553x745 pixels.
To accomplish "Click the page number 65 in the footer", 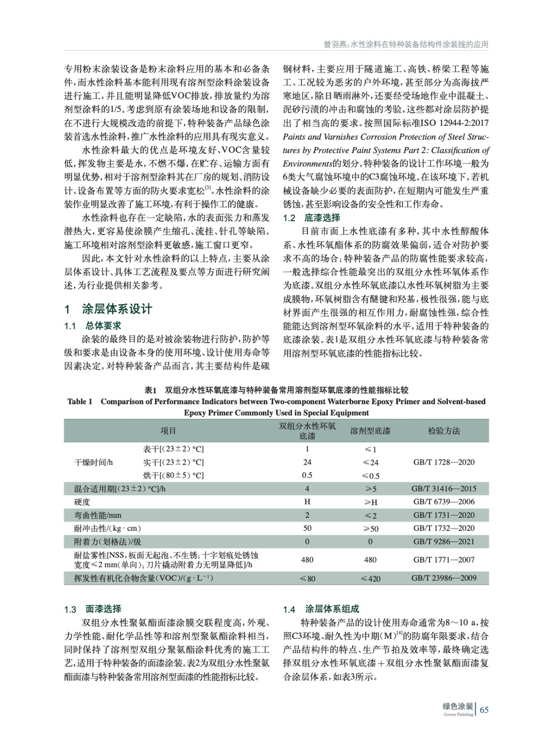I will pos(484,710).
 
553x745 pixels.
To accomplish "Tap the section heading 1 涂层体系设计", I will pos(108,309).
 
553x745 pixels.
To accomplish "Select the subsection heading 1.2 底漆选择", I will pos(311,218).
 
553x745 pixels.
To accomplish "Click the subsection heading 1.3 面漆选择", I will pos(92,609).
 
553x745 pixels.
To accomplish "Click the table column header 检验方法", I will pos(444,431).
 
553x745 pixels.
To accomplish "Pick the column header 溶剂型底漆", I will pos(370,431).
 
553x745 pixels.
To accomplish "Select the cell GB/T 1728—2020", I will pos(444,462).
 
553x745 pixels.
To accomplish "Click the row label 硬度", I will pos(82,502).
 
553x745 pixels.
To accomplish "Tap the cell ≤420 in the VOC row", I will pos(370,579).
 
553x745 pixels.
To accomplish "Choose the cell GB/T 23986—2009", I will pos(444,578).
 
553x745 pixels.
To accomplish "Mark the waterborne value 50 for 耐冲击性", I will pos(307,528).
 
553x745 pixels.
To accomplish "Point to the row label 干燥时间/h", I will pos(94,462).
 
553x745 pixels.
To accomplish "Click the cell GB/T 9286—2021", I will pos(444,542).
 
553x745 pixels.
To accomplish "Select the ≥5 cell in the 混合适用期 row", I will pos(370,489).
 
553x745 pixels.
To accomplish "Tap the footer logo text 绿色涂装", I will pos(457,706).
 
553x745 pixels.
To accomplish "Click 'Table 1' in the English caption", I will pos(80,401).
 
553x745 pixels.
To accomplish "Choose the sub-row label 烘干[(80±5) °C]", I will pos(173,475).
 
